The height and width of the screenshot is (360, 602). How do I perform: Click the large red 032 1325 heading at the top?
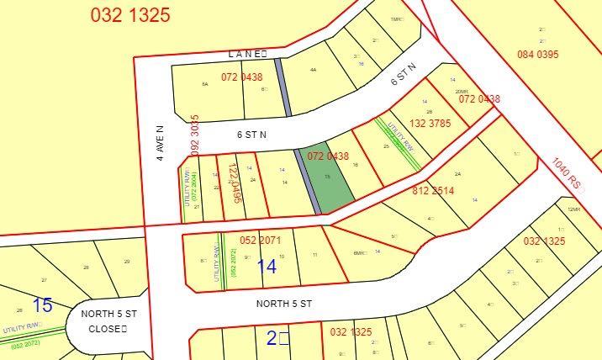pyautogui.click(x=129, y=14)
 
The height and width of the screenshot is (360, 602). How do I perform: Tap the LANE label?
pyautogui.click(x=246, y=54)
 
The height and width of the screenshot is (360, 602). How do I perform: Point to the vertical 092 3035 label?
pyautogui.click(x=195, y=135)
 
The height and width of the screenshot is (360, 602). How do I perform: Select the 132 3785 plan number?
pyautogui.click(x=430, y=123)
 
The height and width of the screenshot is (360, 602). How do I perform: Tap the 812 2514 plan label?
pyautogui.click(x=433, y=191)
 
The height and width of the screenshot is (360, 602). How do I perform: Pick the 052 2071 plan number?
pyautogui.click(x=260, y=241)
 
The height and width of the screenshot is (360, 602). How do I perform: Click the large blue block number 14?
pyautogui.click(x=267, y=267)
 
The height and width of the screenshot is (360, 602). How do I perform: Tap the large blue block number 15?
pyautogui.click(x=42, y=304)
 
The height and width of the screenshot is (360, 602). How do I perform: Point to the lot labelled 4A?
pyautogui.click(x=313, y=71)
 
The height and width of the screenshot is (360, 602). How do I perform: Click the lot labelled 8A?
pyautogui.click(x=204, y=84)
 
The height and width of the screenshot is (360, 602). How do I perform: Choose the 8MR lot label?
pyautogui.click(x=361, y=253)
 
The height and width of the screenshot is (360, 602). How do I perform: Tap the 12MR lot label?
pyautogui.click(x=574, y=209)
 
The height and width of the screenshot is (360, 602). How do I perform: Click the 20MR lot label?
pyautogui.click(x=461, y=92)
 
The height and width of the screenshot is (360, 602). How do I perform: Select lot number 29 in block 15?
pyautogui.click(x=127, y=262)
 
